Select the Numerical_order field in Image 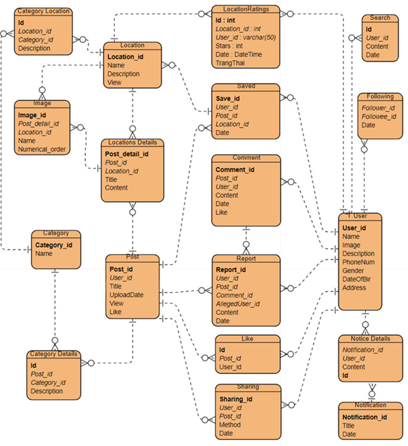tap(42, 149)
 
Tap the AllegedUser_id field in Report tap(237, 304)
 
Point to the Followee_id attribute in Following tap(378, 117)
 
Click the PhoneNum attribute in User tap(359, 262)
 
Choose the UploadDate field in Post tap(127, 295)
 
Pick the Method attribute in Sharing tap(230, 425)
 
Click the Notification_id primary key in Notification tap(365, 417)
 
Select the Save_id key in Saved tap(228, 98)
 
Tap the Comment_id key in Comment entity tap(235, 170)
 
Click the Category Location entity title tap(43, 11)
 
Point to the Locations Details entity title tap(132, 142)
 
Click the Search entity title tap(380, 18)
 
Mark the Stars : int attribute tap(229, 46)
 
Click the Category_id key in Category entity tap(54, 245)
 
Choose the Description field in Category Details tap(47, 391)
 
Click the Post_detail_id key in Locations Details tap(127, 154)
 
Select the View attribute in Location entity tap(114, 82)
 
